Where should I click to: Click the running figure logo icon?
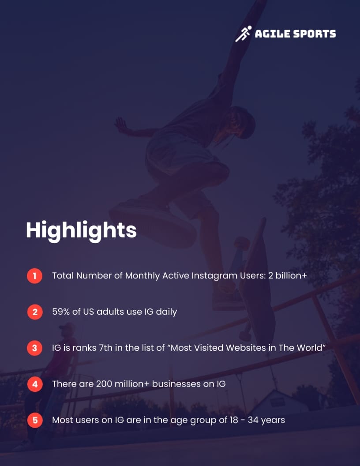[243, 34]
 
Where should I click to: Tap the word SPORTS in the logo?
[314, 34]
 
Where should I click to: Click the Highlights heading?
[81, 230]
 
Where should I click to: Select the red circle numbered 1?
[34, 276]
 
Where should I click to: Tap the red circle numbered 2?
[34, 312]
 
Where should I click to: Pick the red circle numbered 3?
[34, 348]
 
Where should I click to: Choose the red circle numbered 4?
[34, 384]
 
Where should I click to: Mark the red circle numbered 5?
[34, 420]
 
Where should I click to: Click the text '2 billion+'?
[287, 276]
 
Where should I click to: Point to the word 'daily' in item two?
[166, 312]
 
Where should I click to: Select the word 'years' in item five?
[273, 420]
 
